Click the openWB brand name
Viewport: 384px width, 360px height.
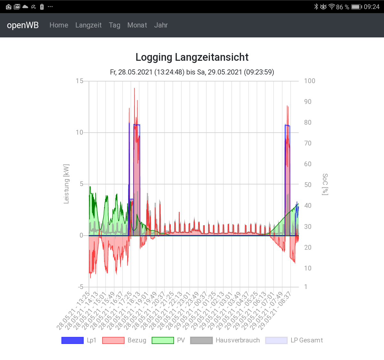click(23, 25)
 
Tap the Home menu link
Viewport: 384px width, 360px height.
click(59, 25)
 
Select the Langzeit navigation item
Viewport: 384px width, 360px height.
click(88, 25)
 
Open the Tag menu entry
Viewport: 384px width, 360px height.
click(115, 25)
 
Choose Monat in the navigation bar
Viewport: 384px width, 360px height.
click(137, 25)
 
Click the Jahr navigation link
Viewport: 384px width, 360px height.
click(161, 25)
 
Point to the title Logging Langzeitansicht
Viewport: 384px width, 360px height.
click(192, 57)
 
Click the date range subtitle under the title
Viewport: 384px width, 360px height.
click(192, 72)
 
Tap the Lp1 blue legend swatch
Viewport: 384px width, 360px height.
click(73, 340)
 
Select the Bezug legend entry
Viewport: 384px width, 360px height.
click(137, 340)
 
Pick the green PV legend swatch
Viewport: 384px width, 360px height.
click(163, 340)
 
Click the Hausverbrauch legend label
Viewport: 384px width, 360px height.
click(237, 340)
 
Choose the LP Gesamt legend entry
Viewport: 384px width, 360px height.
click(307, 340)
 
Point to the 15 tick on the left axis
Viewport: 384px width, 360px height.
click(79, 81)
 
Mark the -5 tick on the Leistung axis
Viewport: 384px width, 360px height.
click(80, 287)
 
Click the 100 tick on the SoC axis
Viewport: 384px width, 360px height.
click(309, 81)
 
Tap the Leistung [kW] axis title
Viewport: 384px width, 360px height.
click(66, 184)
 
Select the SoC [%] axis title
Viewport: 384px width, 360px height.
click(325, 184)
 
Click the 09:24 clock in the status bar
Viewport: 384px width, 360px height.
click(372, 7)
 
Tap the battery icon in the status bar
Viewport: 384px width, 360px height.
click(356, 7)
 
